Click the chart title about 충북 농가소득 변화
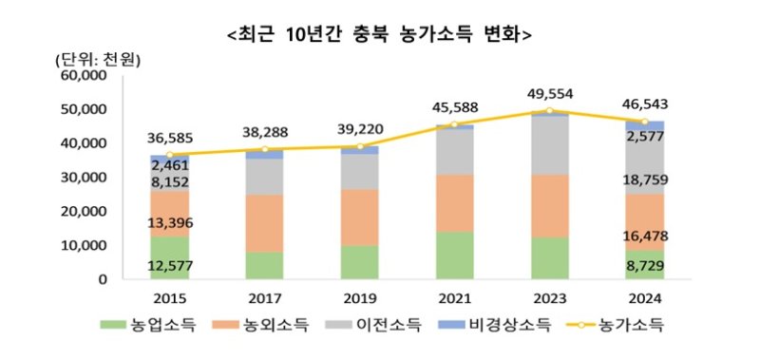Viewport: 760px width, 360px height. pos(380,35)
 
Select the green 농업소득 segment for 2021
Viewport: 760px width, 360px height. pos(454,255)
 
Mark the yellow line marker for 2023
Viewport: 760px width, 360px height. pos(549,112)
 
